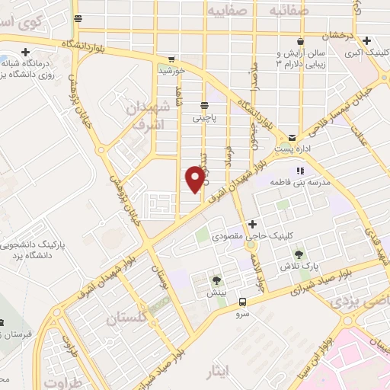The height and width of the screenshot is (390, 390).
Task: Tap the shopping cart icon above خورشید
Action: (171, 59)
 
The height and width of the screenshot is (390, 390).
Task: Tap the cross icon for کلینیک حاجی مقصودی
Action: (252, 223)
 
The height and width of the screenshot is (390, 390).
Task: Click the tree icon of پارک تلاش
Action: (298, 254)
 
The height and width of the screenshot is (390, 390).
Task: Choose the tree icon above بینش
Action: (218, 280)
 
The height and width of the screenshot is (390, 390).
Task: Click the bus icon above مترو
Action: (242, 301)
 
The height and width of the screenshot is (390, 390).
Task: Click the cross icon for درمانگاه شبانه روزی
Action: (26, 53)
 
